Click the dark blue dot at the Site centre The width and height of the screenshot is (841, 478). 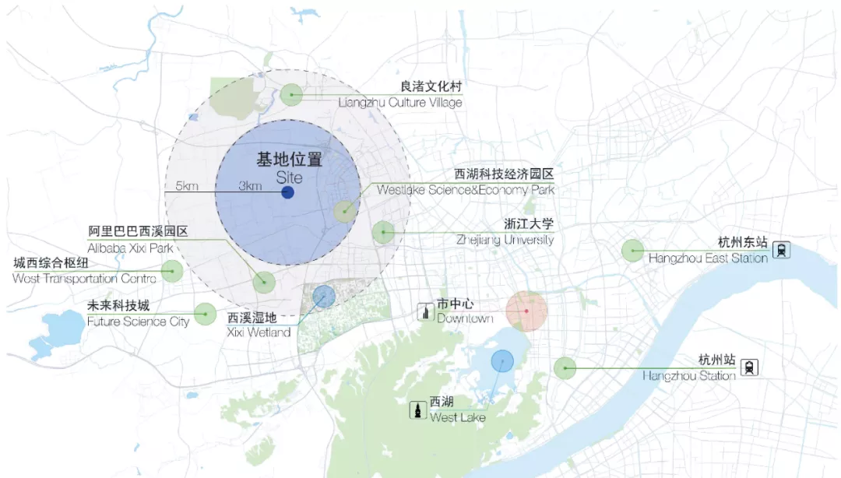click(x=287, y=192)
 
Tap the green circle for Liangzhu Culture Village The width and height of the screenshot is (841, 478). click(x=292, y=95)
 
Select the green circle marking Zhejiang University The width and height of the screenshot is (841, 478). click(x=382, y=232)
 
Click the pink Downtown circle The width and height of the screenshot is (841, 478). click(x=526, y=311)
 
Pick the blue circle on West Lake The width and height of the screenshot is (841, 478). click(x=502, y=361)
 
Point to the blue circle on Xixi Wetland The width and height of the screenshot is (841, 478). click(x=323, y=296)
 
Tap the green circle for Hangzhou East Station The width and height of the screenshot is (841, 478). click(x=632, y=251)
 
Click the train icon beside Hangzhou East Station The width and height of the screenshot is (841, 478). click(x=780, y=250)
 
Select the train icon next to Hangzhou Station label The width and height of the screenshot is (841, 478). click(x=750, y=367)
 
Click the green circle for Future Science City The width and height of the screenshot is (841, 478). click(x=205, y=314)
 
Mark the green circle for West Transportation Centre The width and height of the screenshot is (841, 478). click(x=171, y=271)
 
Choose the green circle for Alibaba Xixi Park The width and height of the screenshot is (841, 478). click(x=264, y=282)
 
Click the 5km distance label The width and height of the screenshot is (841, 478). click(x=187, y=186)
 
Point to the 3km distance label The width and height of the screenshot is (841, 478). click(x=250, y=186)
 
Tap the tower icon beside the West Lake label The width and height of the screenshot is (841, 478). click(x=418, y=409)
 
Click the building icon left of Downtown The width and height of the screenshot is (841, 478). click(x=425, y=311)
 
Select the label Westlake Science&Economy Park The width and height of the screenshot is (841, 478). click(x=466, y=190)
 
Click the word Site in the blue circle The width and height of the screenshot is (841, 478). click(x=289, y=177)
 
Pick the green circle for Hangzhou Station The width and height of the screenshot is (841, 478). click(x=565, y=367)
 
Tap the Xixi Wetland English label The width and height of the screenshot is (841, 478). click(x=259, y=332)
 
